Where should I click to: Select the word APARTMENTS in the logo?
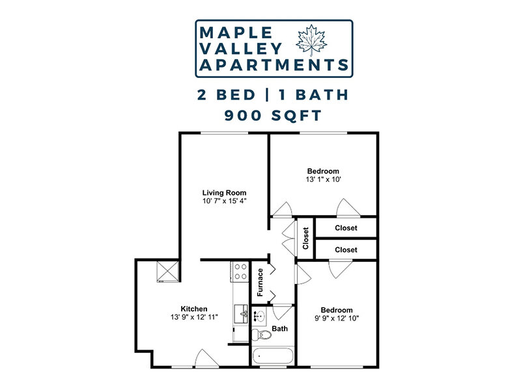point(273,65)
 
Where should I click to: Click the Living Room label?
point(224,192)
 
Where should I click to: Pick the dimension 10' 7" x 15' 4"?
point(224,201)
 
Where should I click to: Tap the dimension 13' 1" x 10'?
point(324,179)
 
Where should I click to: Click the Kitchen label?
point(194,308)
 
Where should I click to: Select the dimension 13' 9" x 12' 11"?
point(194,317)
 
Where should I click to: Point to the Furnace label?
point(260,282)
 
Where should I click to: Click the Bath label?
point(280,329)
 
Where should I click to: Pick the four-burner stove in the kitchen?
point(240,271)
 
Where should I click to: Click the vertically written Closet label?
point(305,238)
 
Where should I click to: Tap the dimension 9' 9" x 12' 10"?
point(337,318)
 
